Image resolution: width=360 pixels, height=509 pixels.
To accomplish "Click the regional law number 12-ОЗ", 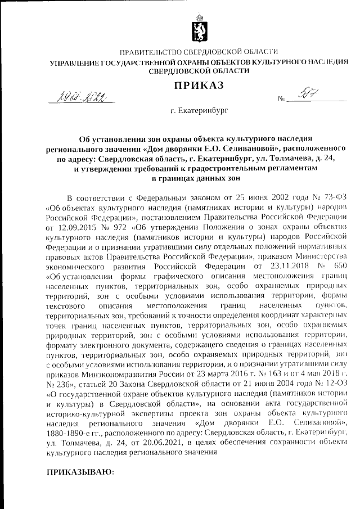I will point(326,376).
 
